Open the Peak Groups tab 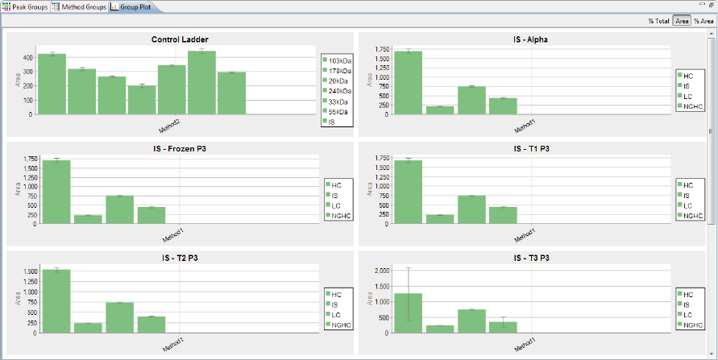26,6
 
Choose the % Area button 703,21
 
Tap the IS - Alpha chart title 530,39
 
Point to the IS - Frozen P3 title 179,149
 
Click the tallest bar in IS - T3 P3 409,314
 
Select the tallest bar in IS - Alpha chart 409,82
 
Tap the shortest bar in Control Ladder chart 142,100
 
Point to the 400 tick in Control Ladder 28,57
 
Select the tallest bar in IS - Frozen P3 56,192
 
